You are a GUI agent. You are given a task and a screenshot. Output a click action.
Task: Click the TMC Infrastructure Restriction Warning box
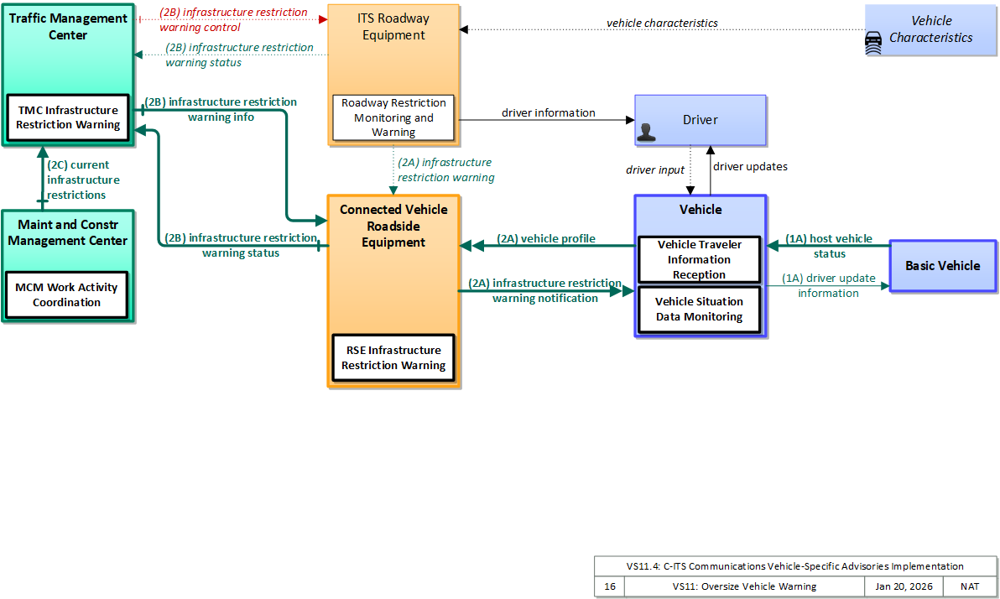(68, 117)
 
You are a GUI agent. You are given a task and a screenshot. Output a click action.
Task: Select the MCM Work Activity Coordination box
(66, 294)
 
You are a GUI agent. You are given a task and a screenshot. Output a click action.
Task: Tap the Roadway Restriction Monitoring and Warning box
(393, 117)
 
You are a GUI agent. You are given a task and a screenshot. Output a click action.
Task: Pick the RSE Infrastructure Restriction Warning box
(393, 358)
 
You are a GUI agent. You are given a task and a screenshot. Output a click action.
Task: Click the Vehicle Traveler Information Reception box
(699, 259)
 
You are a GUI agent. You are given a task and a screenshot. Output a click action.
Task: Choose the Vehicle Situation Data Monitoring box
(699, 310)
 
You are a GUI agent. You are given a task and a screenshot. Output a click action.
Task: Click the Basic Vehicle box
(943, 266)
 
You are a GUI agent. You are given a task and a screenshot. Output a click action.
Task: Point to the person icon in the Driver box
(646, 132)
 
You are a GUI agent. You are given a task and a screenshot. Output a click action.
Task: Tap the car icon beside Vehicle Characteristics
(873, 44)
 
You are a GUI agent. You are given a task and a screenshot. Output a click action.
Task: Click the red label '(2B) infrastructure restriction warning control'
(233, 20)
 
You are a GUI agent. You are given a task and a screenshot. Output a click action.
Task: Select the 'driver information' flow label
(549, 113)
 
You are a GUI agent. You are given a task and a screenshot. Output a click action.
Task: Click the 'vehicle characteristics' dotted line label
(662, 23)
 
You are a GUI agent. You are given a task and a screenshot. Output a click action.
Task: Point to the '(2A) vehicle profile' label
(546, 238)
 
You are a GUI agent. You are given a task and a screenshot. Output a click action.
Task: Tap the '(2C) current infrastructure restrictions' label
(83, 180)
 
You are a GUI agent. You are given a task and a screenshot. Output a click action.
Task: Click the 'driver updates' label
(750, 166)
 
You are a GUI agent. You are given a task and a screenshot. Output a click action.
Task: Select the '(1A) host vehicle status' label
(829, 247)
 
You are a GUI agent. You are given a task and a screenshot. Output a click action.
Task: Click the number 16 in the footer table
(610, 586)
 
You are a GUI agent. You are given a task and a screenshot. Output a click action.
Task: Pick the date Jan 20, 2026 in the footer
(904, 586)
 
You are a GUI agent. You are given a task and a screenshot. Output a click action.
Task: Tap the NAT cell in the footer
(970, 586)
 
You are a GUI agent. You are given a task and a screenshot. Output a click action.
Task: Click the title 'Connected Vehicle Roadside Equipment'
(393, 226)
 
